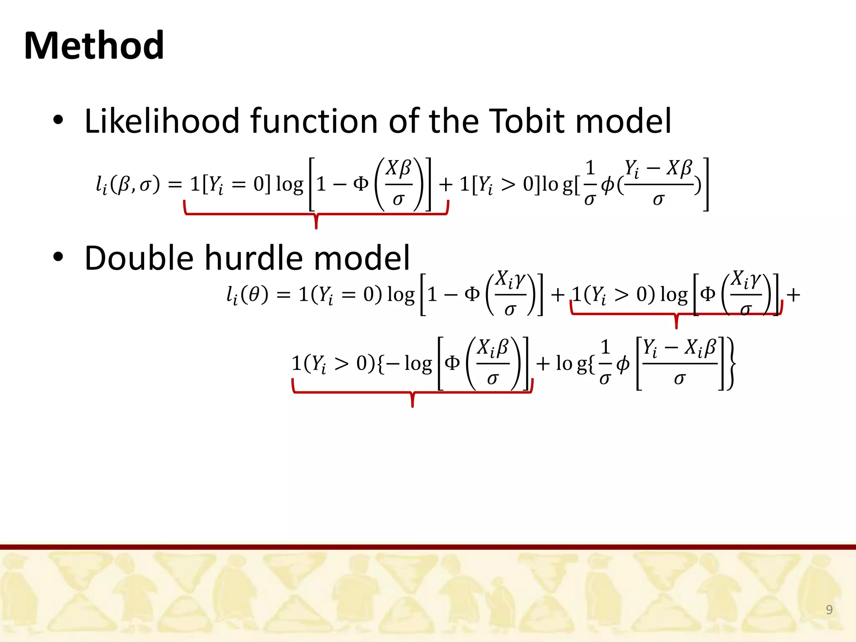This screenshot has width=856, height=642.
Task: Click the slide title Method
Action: (x=94, y=46)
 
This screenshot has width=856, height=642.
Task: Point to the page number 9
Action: (x=829, y=609)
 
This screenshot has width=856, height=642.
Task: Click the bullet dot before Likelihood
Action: (x=58, y=121)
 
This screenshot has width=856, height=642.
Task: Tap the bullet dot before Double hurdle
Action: (x=58, y=257)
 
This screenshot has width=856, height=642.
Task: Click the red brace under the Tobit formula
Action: (x=316, y=215)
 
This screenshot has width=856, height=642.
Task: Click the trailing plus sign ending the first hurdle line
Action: (x=793, y=295)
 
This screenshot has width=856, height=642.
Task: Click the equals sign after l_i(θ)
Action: (x=283, y=295)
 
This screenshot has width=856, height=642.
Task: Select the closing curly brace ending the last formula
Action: (x=731, y=364)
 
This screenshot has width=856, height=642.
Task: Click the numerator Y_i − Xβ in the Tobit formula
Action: (x=658, y=168)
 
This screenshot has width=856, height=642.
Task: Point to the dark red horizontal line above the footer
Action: (x=428, y=547)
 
